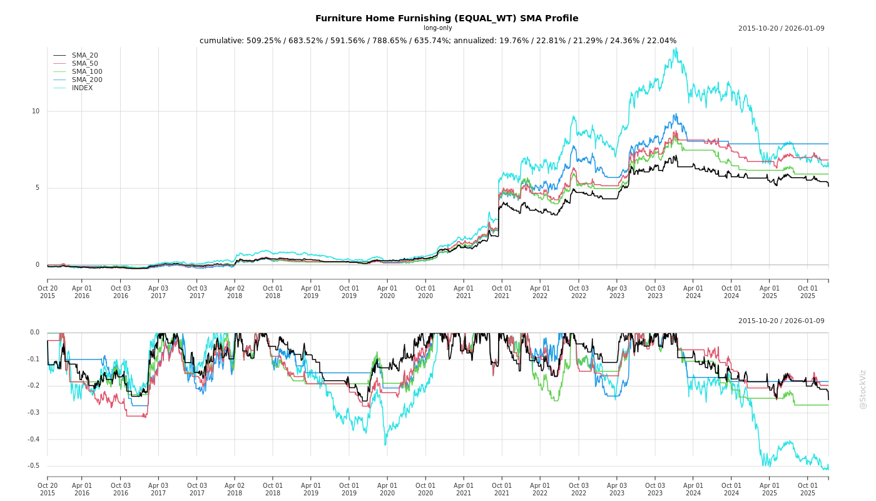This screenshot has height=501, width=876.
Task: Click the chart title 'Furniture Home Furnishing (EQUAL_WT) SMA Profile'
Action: coord(447,18)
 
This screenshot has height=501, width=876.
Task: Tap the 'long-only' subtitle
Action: coord(437,28)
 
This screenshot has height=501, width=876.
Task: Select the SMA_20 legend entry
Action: coord(84,56)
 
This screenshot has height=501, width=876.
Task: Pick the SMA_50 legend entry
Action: coord(84,64)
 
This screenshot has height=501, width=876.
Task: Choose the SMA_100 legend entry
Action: coord(87,72)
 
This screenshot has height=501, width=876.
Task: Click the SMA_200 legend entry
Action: coord(87,80)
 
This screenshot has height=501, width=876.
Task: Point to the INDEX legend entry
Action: coord(82,88)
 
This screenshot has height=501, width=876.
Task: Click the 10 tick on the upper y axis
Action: coord(36,111)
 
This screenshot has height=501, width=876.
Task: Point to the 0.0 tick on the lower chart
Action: coord(34,333)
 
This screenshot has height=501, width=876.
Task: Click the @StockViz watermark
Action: coord(863,389)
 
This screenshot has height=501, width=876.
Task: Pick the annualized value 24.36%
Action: coord(618,41)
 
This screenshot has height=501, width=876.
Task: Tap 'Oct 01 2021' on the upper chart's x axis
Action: coord(501,292)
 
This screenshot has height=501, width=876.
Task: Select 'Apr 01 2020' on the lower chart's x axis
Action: coord(387,489)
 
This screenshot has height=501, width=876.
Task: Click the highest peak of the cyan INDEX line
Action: coord(675,48)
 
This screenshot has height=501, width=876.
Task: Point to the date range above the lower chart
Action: coord(781,321)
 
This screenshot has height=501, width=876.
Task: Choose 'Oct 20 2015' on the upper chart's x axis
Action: coord(48,292)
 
